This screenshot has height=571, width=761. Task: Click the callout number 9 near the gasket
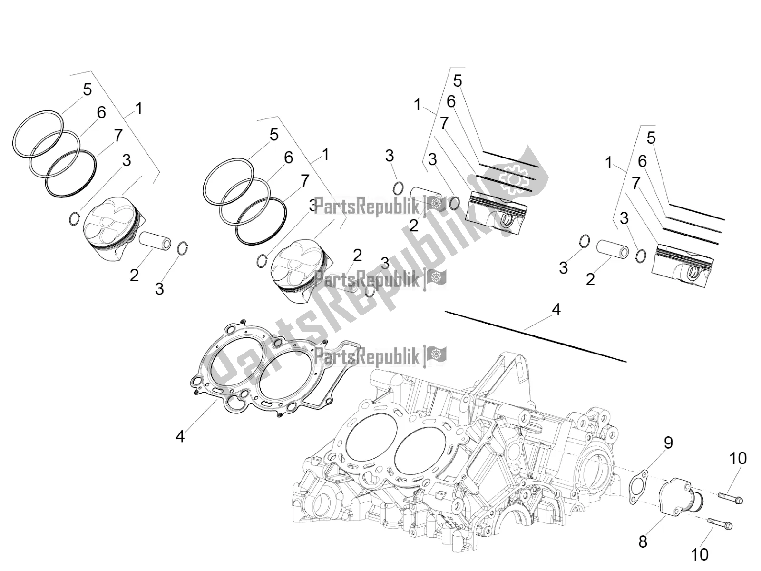[x=668, y=443]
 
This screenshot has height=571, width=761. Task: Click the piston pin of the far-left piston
[x=155, y=240]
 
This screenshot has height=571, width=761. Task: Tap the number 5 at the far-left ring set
[x=87, y=89]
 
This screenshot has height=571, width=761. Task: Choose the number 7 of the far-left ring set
[x=117, y=135]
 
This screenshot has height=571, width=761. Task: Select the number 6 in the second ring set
[x=288, y=158]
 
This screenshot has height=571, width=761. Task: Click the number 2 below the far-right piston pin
[x=590, y=279]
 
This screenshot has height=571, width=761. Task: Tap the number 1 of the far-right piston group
[x=609, y=163]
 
